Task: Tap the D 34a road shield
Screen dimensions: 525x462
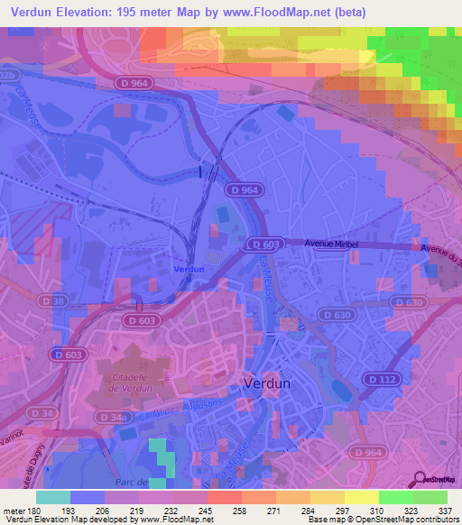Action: (112, 418)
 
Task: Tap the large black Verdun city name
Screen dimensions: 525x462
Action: (267, 382)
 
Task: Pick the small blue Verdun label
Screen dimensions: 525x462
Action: (188, 269)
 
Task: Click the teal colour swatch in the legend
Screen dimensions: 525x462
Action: (53, 497)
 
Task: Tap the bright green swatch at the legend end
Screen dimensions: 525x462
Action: (430, 497)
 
